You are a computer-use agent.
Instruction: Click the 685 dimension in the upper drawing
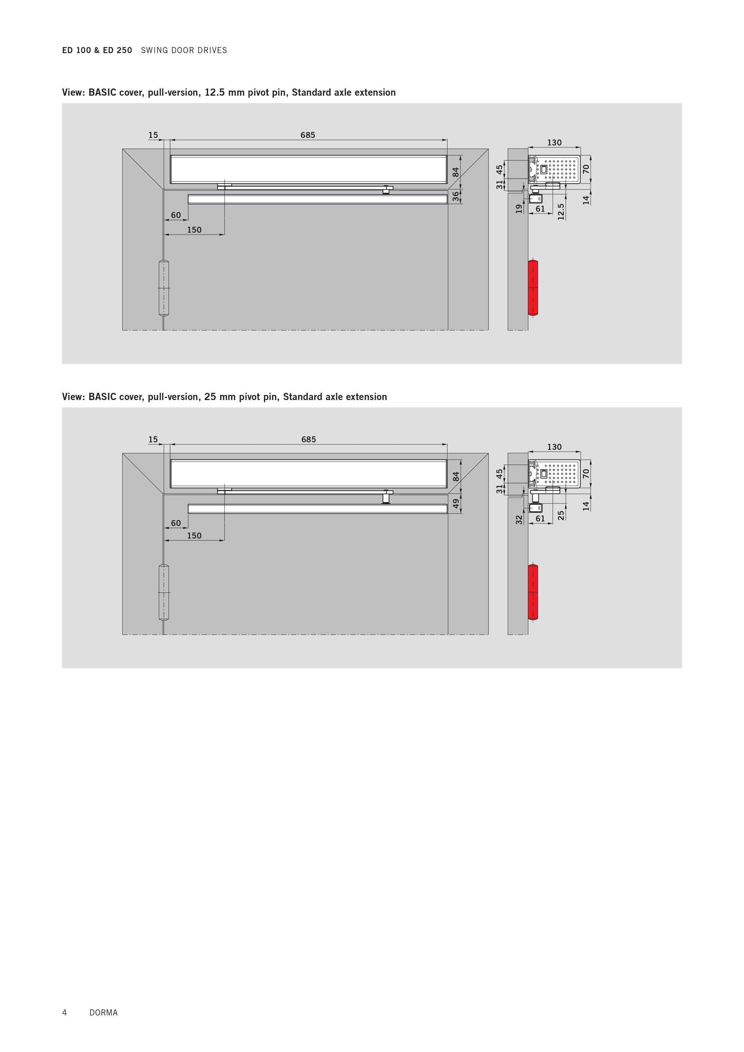[308, 135]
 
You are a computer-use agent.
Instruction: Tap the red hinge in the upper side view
[533, 288]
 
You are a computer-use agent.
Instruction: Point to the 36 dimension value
[456, 196]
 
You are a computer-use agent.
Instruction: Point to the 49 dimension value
[456, 504]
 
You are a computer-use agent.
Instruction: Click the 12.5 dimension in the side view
[561, 212]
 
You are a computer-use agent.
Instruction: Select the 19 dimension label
[519, 208]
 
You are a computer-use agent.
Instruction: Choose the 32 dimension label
[519, 520]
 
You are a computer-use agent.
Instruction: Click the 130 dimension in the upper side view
[554, 142]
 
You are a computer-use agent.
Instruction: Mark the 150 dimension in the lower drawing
[194, 536]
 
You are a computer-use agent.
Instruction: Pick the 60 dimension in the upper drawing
[176, 215]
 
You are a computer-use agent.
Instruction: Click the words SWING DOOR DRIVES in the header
[184, 50]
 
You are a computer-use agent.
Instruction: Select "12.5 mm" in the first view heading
[225, 93]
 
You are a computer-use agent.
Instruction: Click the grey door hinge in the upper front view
[163, 288]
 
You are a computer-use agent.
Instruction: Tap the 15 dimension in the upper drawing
[153, 135]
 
